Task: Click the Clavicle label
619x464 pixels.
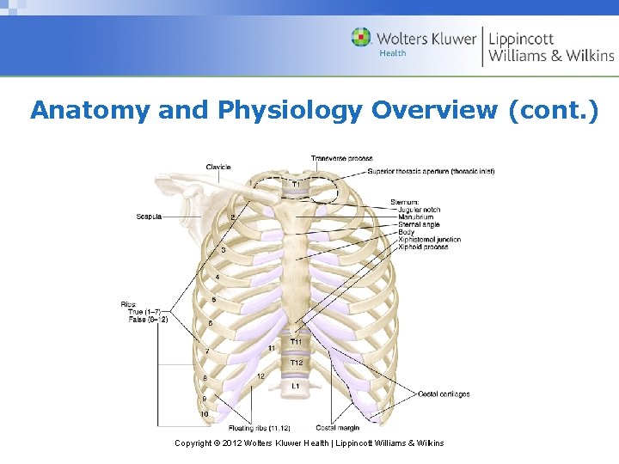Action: coord(218,167)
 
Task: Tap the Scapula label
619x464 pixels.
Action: coord(148,216)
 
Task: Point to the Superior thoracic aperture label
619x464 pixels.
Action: coord(431,172)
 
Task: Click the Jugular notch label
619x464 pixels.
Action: coord(419,210)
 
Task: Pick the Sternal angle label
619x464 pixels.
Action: coord(418,225)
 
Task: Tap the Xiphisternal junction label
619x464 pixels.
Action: coord(429,240)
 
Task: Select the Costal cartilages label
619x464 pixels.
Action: coord(444,394)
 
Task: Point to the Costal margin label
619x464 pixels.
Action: coord(337,427)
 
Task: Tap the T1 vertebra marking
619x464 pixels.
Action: coord(296,185)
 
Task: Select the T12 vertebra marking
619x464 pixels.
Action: coord(296,363)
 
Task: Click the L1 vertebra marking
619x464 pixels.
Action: coord(296,387)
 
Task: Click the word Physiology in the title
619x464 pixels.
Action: coord(292,110)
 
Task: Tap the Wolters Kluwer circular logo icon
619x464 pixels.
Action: coord(361,38)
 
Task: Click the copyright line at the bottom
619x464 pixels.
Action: coord(309,443)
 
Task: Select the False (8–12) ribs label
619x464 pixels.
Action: coord(148,319)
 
